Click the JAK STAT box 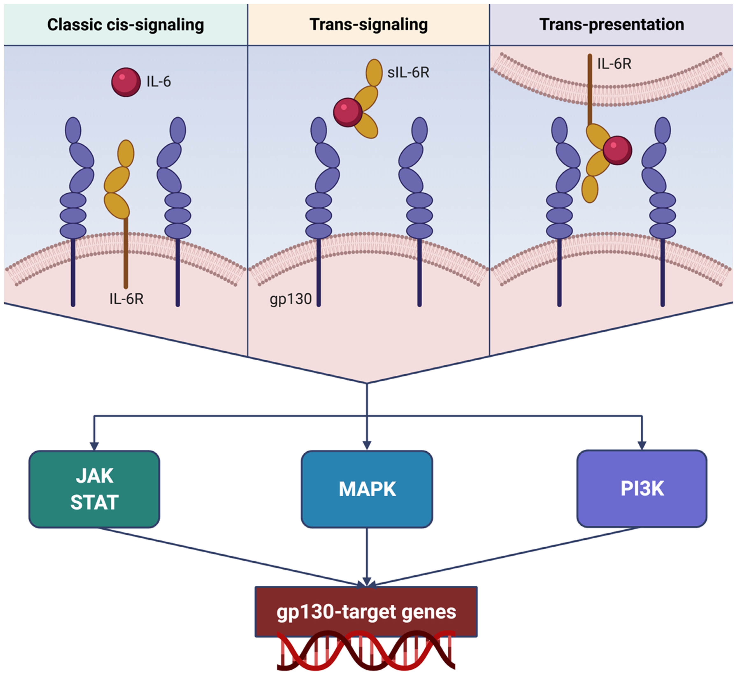(94, 489)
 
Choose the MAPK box (367, 489)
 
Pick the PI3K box (642, 488)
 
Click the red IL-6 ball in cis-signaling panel (126, 82)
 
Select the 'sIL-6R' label (408, 73)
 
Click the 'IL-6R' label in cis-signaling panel (126, 299)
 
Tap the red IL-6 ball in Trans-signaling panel (347, 112)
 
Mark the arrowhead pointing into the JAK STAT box (94, 446)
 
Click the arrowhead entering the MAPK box (367, 446)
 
